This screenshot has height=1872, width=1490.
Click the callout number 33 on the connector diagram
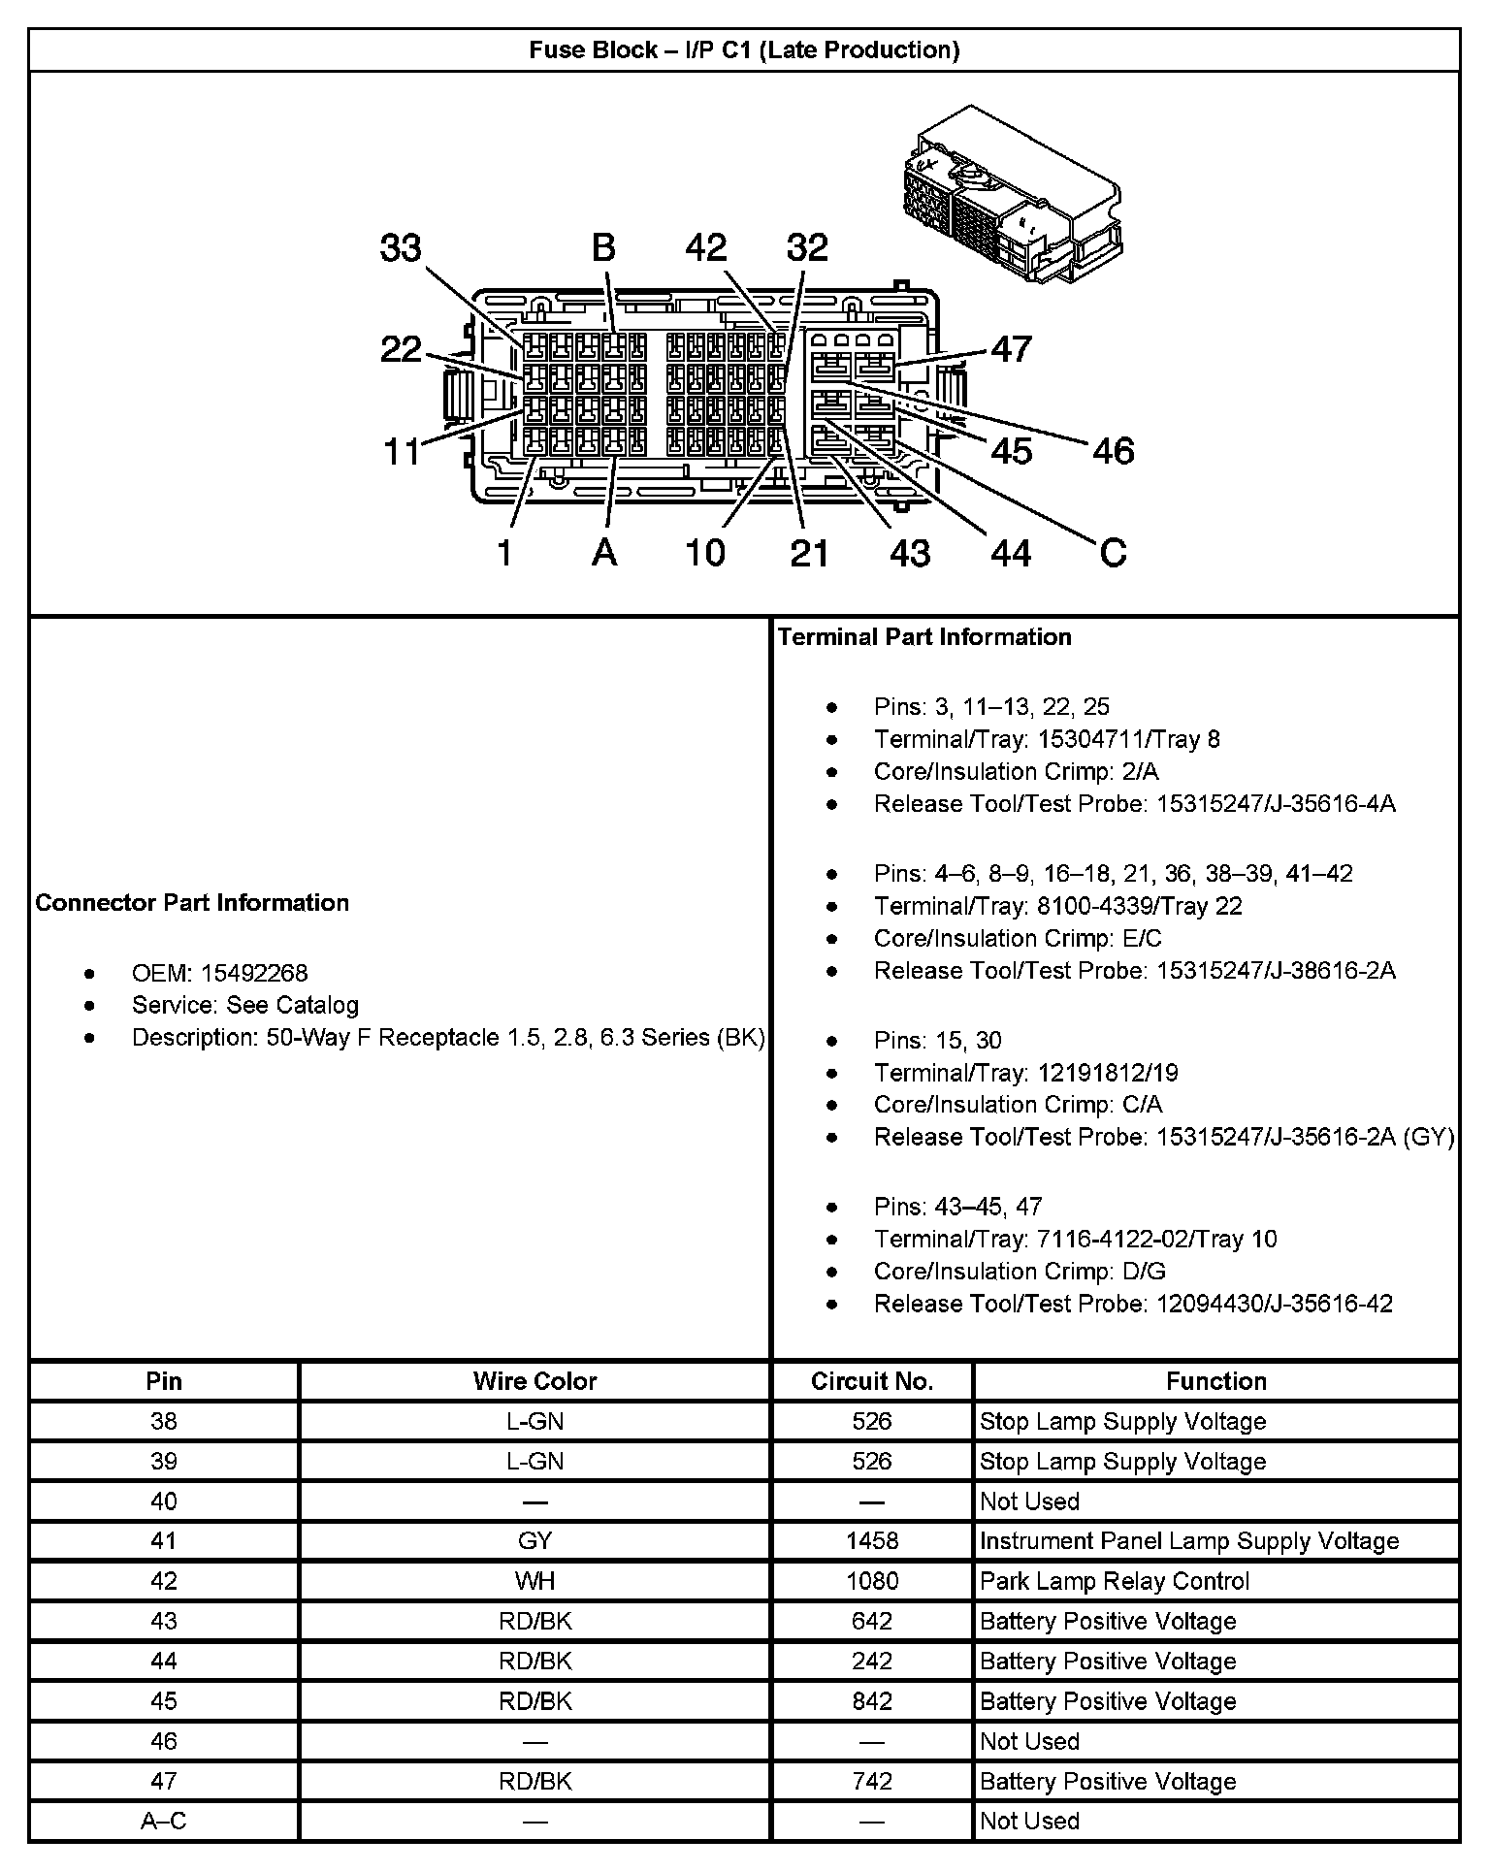click(401, 248)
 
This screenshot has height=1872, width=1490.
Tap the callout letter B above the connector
click(603, 248)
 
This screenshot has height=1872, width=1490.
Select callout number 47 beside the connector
click(1011, 349)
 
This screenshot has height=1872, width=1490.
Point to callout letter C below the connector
click(1113, 552)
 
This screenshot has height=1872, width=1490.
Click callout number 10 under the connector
click(705, 552)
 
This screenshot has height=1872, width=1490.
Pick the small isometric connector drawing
click(1009, 194)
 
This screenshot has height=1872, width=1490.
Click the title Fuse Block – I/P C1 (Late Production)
click(744, 50)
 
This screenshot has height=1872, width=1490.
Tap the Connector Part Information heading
click(192, 903)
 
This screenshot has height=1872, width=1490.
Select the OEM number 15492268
click(254, 973)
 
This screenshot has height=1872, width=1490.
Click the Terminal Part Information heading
click(924, 637)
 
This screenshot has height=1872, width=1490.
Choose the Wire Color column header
click(534, 1381)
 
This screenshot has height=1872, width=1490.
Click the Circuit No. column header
click(872, 1381)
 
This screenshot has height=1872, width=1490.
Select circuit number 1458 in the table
click(872, 1541)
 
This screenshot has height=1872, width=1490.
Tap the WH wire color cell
click(534, 1581)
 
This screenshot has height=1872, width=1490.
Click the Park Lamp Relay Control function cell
click(1115, 1581)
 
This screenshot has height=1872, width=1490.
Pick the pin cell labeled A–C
click(164, 1822)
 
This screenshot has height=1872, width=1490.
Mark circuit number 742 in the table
click(872, 1781)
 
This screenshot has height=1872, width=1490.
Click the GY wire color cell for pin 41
click(534, 1541)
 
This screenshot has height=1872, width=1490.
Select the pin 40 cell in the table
click(164, 1501)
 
